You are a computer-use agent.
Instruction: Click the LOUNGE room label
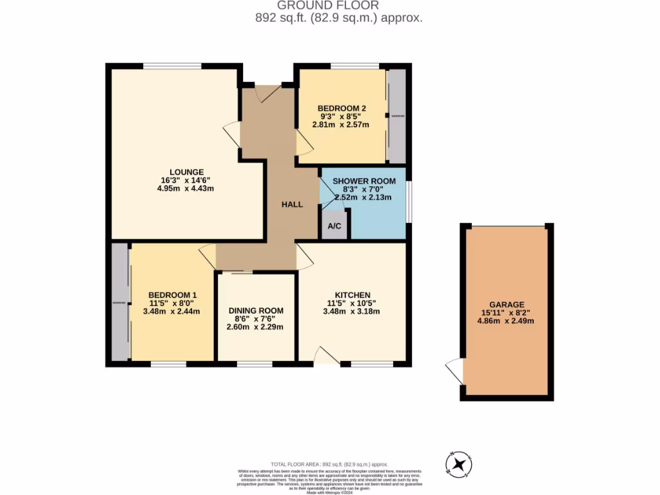point(188,172)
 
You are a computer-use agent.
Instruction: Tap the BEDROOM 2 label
point(342,108)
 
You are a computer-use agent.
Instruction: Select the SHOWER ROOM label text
point(364,182)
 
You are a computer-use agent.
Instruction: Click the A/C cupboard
point(335,226)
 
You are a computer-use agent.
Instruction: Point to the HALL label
point(292,204)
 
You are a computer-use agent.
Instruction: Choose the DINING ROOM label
point(255,311)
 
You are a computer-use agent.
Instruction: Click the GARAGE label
point(506,305)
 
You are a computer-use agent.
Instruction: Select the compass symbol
point(459,464)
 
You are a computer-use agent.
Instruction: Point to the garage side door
point(455,372)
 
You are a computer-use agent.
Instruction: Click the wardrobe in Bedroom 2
point(396,116)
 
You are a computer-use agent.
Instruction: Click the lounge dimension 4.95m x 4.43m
point(188,189)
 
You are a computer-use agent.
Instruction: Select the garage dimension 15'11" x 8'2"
point(506,313)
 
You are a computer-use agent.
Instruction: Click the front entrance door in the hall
point(267,93)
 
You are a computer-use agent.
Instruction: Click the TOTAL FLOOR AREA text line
point(329,464)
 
